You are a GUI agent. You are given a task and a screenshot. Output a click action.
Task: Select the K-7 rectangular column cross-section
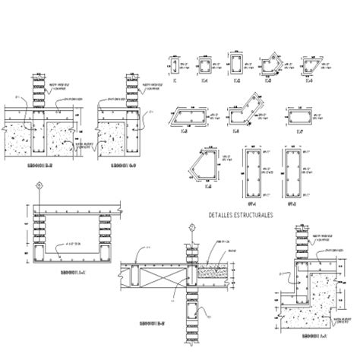[299, 115]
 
